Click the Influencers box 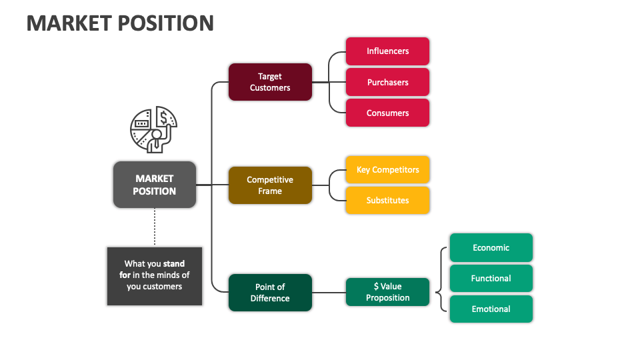387,51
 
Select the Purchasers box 387,82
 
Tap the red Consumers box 387,113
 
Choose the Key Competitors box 387,169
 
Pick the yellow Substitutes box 387,200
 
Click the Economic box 491,247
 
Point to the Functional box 491,278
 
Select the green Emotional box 491,309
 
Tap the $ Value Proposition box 387,292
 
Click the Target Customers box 270,82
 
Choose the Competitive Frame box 270,185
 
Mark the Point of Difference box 270,292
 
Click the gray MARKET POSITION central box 155,185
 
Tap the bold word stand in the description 174,263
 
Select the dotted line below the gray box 155,227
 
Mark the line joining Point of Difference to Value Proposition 329,292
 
